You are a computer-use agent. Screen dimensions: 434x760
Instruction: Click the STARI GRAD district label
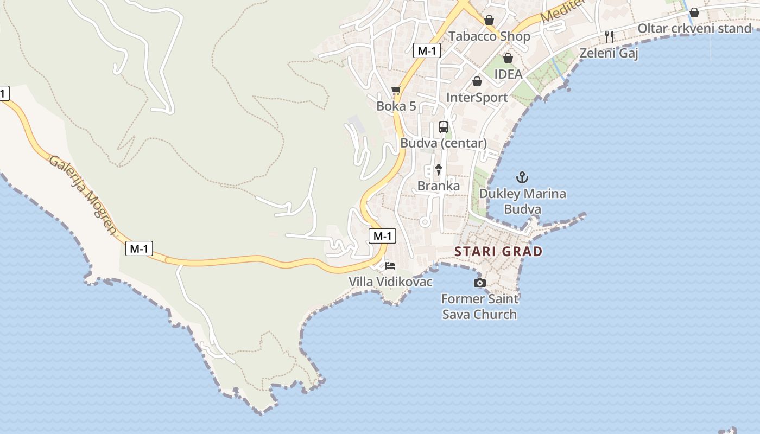tap(498, 251)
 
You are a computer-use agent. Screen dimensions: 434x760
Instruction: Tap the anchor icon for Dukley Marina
tap(522, 177)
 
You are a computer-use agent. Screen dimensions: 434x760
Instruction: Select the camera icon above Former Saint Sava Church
tap(479, 283)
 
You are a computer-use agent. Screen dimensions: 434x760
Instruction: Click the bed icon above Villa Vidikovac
tap(390, 266)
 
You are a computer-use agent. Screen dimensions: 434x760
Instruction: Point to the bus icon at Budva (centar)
tap(444, 127)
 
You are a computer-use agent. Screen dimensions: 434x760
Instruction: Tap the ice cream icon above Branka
tap(439, 169)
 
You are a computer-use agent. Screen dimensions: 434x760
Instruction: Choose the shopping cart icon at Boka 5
tap(396, 91)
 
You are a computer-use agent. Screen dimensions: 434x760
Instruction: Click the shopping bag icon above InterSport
tap(477, 81)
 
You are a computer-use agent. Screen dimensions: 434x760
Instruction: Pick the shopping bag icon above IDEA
tap(508, 58)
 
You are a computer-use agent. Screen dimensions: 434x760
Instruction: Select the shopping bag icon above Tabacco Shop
tap(489, 20)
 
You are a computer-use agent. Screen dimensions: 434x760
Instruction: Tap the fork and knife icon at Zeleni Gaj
tap(609, 37)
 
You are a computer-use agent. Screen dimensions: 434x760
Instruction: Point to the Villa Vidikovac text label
tap(390, 282)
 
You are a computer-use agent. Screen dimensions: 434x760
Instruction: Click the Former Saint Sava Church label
tap(479, 307)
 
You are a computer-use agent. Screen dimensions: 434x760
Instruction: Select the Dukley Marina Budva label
tap(522, 201)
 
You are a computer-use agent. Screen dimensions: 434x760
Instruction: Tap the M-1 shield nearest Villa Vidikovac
tap(382, 236)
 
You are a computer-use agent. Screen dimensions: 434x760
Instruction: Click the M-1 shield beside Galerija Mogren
tap(140, 249)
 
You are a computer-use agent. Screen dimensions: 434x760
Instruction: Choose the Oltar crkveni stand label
tap(694, 28)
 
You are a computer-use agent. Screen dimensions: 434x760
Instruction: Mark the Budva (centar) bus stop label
tap(444, 143)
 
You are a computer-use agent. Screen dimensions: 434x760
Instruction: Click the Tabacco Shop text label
tap(489, 36)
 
